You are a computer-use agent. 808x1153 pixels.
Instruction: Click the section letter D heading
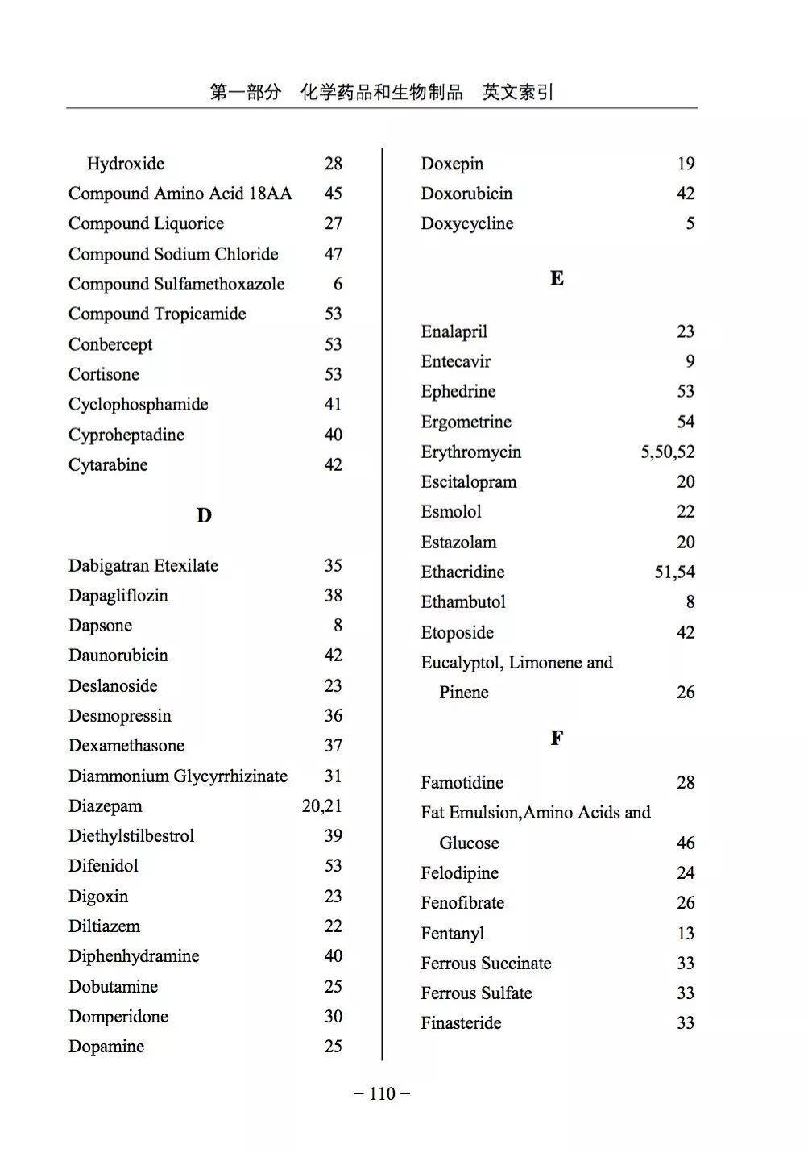[x=204, y=515]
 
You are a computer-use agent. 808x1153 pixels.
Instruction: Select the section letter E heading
[x=557, y=279]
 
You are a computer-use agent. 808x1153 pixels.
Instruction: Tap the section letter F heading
[x=557, y=738]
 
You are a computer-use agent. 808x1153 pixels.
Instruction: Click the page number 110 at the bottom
[x=382, y=1093]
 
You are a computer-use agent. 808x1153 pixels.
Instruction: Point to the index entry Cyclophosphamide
[x=138, y=404]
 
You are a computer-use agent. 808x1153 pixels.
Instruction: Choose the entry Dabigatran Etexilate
[x=143, y=565]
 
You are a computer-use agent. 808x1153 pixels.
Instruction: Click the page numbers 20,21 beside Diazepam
[x=321, y=805]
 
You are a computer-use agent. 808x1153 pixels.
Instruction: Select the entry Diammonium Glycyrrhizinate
[x=178, y=776]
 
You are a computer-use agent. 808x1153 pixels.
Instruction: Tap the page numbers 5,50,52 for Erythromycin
[x=667, y=452]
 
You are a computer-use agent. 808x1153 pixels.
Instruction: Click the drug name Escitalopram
[x=468, y=481]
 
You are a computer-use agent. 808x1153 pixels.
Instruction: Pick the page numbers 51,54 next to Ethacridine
[x=674, y=572]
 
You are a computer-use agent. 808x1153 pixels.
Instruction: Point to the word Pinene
[x=464, y=692]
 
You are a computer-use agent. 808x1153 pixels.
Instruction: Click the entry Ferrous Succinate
[x=486, y=963]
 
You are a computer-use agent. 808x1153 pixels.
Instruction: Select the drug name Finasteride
[x=461, y=1022]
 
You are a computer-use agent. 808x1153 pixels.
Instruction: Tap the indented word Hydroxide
[x=126, y=164]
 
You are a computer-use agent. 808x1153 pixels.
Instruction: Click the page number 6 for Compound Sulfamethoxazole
[x=338, y=284]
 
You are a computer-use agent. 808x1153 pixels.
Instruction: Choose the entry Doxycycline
[x=466, y=223]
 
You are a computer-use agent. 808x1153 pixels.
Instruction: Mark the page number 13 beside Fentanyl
[x=685, y=933]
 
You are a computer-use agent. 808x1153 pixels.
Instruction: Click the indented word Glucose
[x=469, y=843]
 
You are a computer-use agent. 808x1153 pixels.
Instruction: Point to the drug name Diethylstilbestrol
[x=131, y=835]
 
